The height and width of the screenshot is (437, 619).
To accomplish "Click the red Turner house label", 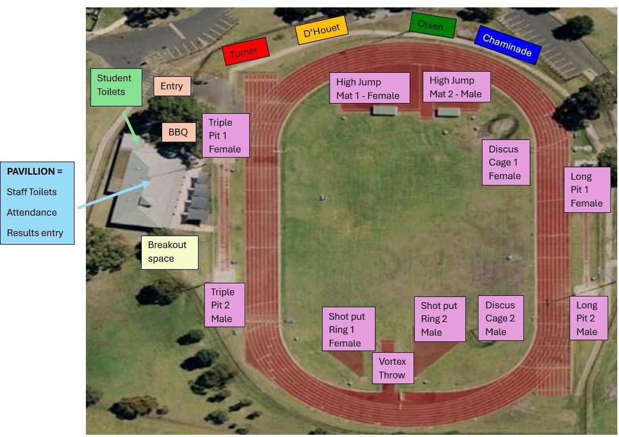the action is coord(245,51).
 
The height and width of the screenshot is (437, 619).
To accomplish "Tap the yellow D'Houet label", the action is coord(321,30).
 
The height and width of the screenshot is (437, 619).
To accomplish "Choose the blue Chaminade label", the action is coord(506,45).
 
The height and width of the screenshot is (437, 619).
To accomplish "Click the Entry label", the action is coord(172,86).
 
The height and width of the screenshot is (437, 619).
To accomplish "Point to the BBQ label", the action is coord(178,132).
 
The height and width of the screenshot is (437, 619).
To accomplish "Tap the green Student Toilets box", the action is coord(116,86).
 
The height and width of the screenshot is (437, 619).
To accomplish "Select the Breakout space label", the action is coord(170,252).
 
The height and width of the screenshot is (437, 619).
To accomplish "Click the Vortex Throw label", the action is coord(393,368).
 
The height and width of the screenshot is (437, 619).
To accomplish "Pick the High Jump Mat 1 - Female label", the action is coord(369,88).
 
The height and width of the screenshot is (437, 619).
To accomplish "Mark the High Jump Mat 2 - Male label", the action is coord(456,87).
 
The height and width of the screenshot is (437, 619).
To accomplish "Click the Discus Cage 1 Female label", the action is coord(505,163).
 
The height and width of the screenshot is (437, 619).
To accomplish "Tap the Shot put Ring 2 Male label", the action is coord(439,319).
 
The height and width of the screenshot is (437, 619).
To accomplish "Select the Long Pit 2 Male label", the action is coord(588,319).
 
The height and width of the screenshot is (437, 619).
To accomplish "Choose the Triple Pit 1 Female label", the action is coord(225,135).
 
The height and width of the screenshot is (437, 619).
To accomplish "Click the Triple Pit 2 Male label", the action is coord(224,305).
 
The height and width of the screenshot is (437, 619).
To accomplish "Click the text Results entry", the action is coord(35,233).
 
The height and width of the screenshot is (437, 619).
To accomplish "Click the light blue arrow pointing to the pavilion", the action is coord(114,195).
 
